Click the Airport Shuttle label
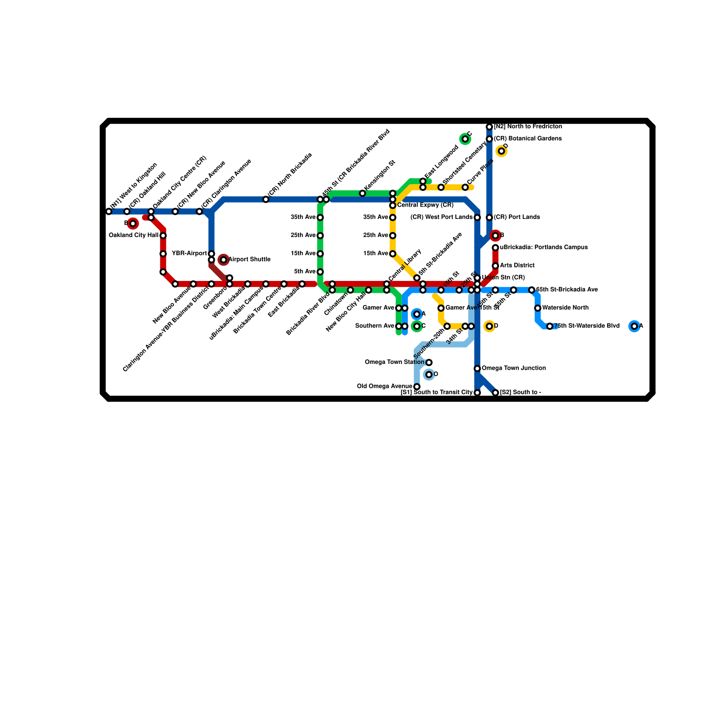249,260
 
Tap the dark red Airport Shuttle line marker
223,260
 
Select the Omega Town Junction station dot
477,368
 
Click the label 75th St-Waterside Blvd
586,326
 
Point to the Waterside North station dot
537,308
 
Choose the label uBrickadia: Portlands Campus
544,247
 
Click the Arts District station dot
495,266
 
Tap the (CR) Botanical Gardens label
528,139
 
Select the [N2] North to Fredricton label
528,126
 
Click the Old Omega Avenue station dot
417,387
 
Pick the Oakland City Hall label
134,236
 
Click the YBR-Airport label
189,254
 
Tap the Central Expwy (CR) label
425,206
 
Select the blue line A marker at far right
634,326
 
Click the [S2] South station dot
495,392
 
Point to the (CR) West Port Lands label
441,217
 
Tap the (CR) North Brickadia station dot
266,199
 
